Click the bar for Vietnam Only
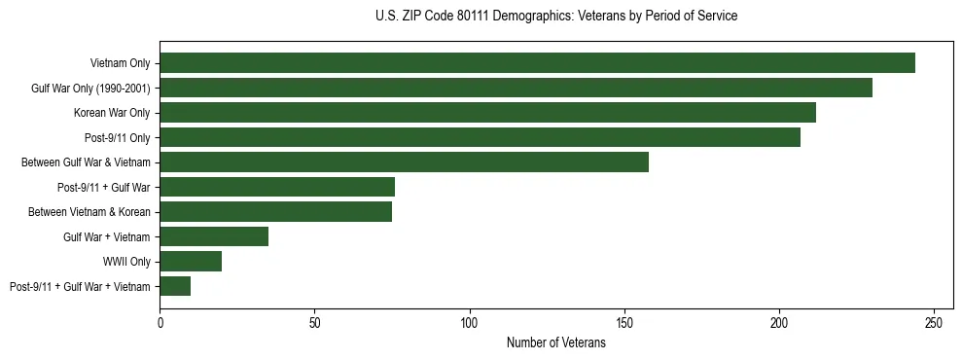(537, 63)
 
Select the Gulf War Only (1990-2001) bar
(516, 88)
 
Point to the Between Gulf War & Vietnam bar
(404, 162)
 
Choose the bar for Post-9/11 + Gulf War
(277, 187)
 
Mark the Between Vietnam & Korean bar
(275, 212)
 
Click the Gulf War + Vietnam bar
(214, 236)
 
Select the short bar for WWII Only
(191, 262)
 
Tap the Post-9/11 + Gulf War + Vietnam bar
(175, 286)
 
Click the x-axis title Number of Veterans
(555, 342)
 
